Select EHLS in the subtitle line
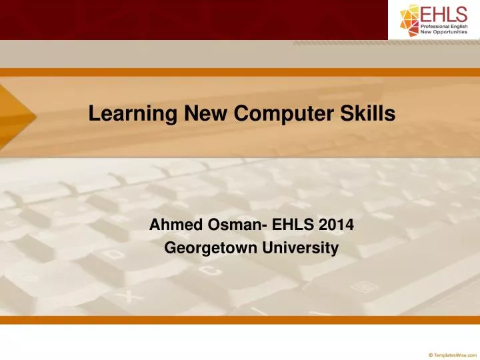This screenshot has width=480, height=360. tap(292, 225)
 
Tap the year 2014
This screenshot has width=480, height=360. tap(337, 225)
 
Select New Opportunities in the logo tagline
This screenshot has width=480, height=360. tap(446, 32)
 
